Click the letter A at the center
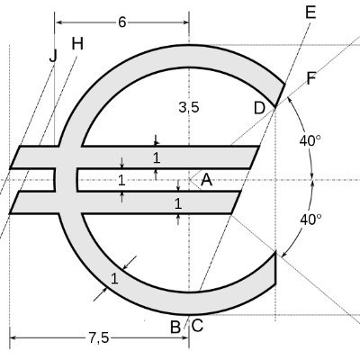point(207,180)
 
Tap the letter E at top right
point(310,13)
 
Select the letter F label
point(311,79)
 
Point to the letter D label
point(259,108)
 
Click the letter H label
point(77,44)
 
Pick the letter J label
point(53,56)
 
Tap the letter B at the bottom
point(175,327)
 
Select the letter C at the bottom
point(197,325)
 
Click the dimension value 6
point(121,22)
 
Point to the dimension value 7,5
point(99,338)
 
